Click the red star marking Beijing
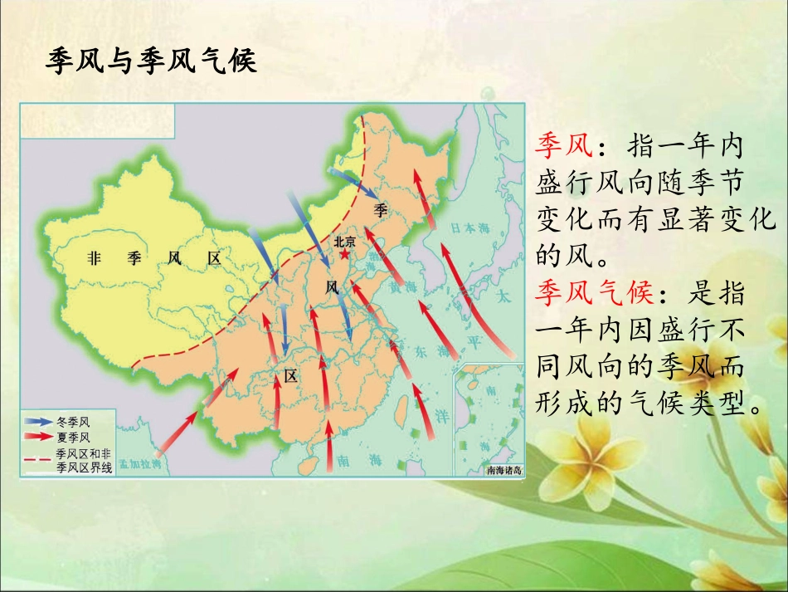click(x=345, y=254)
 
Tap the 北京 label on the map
click(x=344, y=242)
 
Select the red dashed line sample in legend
click(x=37, y=457)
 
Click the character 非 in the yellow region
click(x=93, y=258)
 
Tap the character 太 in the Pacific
click(x=501, y=296)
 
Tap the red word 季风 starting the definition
click(x=563, y=148)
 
